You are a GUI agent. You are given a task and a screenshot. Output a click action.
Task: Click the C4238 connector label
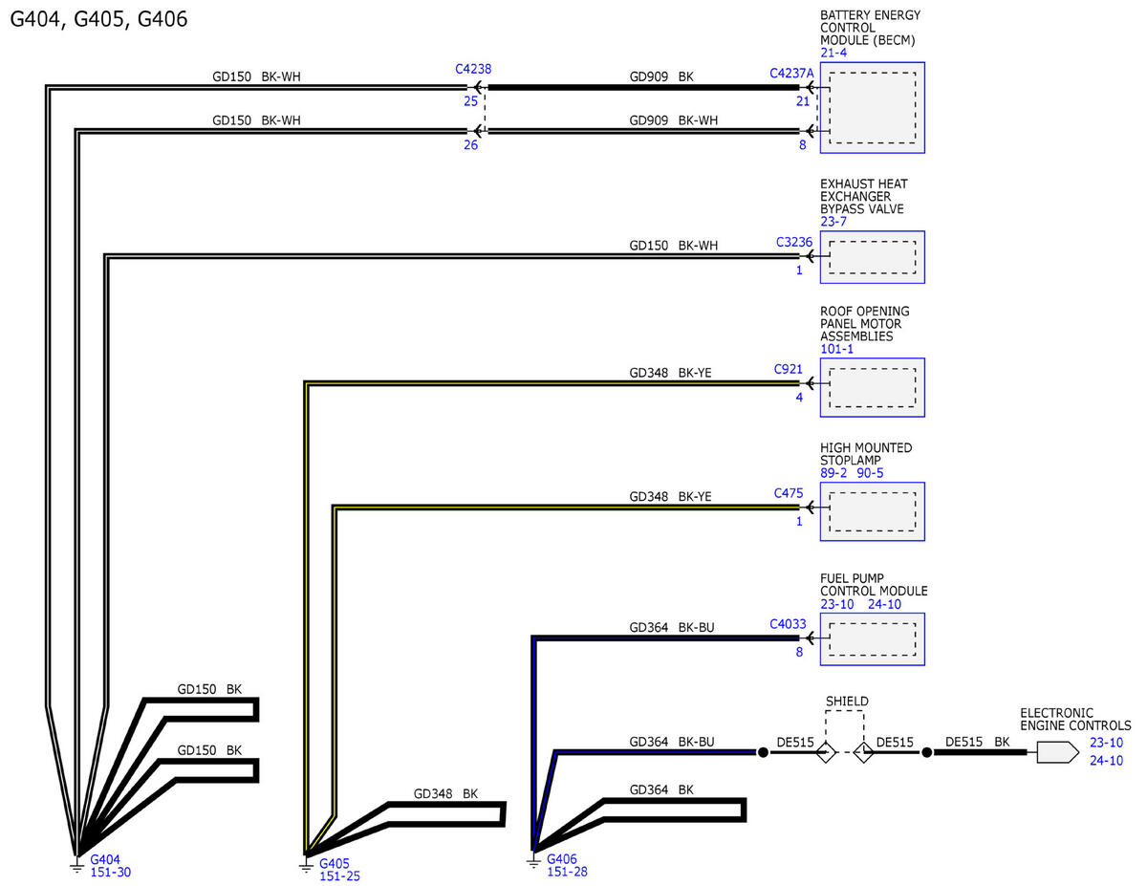pos(473,69)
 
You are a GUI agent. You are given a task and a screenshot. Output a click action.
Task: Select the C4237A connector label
pos(791,74)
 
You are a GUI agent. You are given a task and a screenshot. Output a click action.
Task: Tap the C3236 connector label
pos(794,242)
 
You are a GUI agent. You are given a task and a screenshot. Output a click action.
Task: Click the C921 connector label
pos(788,369)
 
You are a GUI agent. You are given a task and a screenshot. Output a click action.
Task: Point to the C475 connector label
pos(788,493)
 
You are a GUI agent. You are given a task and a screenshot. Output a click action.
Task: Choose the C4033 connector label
pos(788,624)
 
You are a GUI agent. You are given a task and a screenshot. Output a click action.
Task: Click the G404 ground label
pos(105,859)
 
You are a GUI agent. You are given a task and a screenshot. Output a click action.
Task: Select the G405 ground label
pos(335,864)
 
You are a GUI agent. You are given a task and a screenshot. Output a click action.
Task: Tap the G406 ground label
pos(562,859)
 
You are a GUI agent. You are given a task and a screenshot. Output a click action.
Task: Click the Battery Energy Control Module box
pos(872,108)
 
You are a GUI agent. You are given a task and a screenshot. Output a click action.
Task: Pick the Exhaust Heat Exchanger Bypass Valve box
pos(872,257)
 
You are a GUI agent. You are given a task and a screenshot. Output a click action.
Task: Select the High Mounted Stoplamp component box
pos(872,512)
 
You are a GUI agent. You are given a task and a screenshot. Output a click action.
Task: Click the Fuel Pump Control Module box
pos(872,639)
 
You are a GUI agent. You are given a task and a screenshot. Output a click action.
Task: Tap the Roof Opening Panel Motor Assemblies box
pos(872,388)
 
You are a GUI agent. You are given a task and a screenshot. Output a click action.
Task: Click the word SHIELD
pos(847,702)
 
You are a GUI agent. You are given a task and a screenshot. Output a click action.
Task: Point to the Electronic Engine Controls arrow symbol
pos(1057,752)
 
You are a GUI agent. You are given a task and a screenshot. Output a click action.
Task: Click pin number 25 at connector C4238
pos(470,101)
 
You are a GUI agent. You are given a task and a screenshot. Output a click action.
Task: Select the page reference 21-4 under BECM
pos(833,53)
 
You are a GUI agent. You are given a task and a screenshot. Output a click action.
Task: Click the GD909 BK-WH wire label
pos(673,120)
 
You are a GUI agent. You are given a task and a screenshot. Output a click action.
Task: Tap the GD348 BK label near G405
pos(445,793)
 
